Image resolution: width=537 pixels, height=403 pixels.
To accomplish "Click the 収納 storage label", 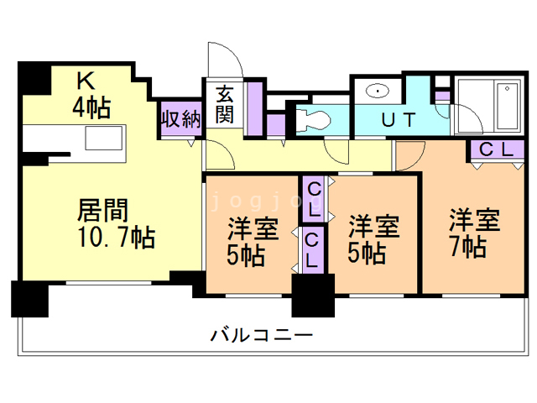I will tap(181, 118).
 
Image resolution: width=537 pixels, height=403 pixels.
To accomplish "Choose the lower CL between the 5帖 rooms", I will tap(312, 249).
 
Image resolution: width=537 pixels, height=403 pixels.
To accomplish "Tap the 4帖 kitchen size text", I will tap(90, 107).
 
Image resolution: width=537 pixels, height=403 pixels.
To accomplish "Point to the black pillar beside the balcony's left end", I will tap(29, 298).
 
